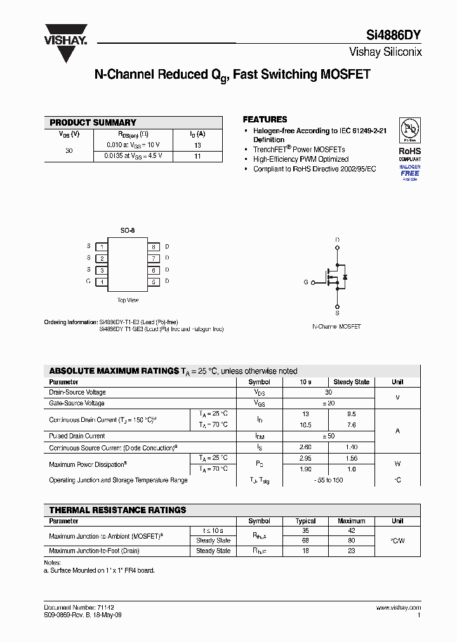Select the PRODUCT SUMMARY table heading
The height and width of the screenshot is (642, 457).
(x=93, y=122)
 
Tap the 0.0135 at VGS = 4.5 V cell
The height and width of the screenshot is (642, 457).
(x=134, y=155)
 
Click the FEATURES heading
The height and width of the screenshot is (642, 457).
(x=265, y=119)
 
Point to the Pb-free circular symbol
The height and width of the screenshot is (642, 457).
(x=409, y=131)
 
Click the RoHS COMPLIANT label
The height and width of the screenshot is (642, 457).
(x=409, y=155)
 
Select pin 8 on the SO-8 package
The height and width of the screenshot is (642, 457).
(x=153, y=246)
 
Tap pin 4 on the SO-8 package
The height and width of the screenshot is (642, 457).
(x=102, y=281)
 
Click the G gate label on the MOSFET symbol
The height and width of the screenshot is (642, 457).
(x=305, y=282)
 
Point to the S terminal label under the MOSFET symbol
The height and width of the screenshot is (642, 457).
(x=337, y=313)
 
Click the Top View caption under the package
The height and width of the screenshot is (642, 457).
(x=128, y=300)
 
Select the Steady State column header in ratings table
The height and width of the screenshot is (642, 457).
(x=351, y=382)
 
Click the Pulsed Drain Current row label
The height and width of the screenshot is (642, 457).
(x=77, y=436)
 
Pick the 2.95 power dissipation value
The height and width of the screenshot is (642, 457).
(x=305, y=458)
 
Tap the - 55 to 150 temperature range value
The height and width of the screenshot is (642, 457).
(x=328, y=480)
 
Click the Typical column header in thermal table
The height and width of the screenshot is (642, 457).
(x=305, y=521)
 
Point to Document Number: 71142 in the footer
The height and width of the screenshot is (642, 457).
(x=79, y=607)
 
